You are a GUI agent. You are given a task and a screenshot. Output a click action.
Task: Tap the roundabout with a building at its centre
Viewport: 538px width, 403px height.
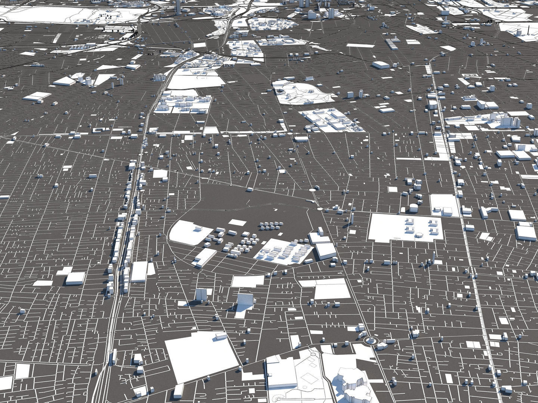click(371, 340)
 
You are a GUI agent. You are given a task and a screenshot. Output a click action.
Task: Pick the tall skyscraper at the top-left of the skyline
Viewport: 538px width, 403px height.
click(178, 6)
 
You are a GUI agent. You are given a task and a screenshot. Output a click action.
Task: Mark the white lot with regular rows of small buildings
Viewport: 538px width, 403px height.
click(284, 252)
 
